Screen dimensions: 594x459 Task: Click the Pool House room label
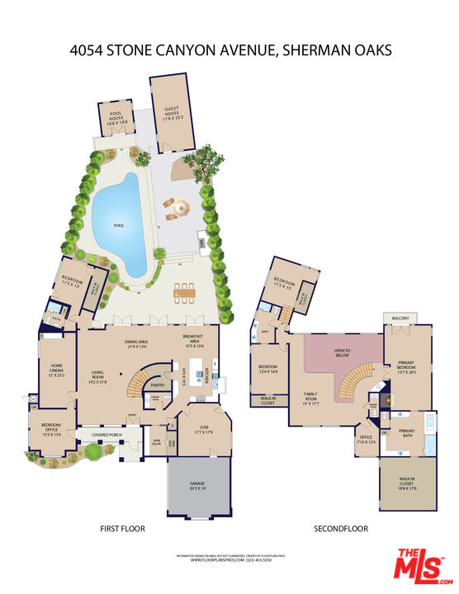click(115, 115)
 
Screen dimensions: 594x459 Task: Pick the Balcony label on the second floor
click(401, 318)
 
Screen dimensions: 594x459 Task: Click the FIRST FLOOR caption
click(122, 529)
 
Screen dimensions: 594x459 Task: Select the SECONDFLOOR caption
click(340, 529)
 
